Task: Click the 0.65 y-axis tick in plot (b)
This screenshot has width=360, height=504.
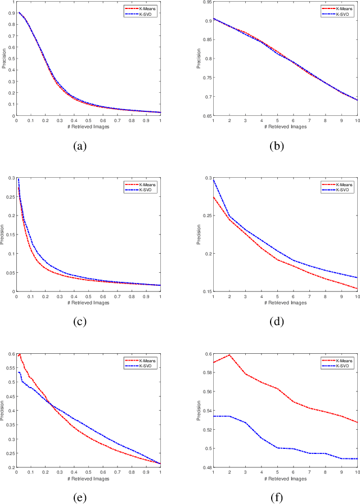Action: coord(207,116)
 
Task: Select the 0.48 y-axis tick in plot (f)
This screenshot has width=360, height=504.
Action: coord(207,467)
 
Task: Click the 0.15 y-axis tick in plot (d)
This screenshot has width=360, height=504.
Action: coord(207,291)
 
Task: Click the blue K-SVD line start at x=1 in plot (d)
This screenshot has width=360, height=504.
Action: coord(213,179)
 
